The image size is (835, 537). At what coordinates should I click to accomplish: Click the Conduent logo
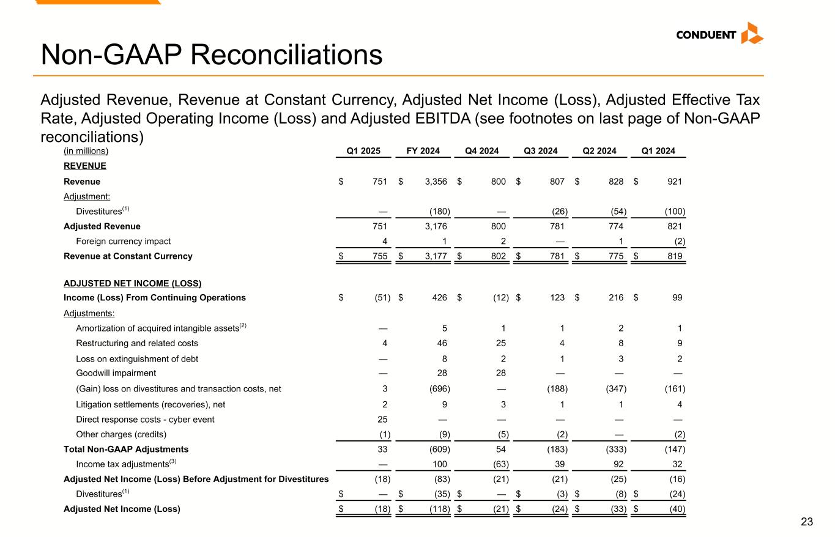pyautogui.click(x=719, y=34)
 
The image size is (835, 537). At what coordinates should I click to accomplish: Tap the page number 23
pyautogui.click(x=807, y=522)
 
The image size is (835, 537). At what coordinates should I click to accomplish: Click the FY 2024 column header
pyautogui.click(x=423, y=151)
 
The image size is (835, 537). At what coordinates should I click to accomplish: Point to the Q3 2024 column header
pyautogui.click(x=542, y=151)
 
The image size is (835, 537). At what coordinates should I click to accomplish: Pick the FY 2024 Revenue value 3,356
pyautogui.click(x=434, y=182)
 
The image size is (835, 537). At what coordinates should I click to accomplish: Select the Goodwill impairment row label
pyautogui.click(x=116, y=373)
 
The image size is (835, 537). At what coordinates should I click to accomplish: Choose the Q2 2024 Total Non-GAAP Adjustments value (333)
pyautogui.click(x=615, y=450)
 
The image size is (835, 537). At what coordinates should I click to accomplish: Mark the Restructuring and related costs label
pyautogui.click(x=137, y=343)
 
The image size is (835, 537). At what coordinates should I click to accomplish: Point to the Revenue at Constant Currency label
pyautogui.click(x=128, y=256)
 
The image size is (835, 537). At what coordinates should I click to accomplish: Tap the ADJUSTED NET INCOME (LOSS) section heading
pyautogui.click(x=133, y=284)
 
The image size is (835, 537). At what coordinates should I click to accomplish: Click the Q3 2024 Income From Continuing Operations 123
pyautogui.click(x=557, y=298)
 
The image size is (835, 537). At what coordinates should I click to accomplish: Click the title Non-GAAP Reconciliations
pyautogui.click(x=212, y=55)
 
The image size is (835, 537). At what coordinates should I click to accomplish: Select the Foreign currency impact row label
pyautogui.click(x=123, y=241)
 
